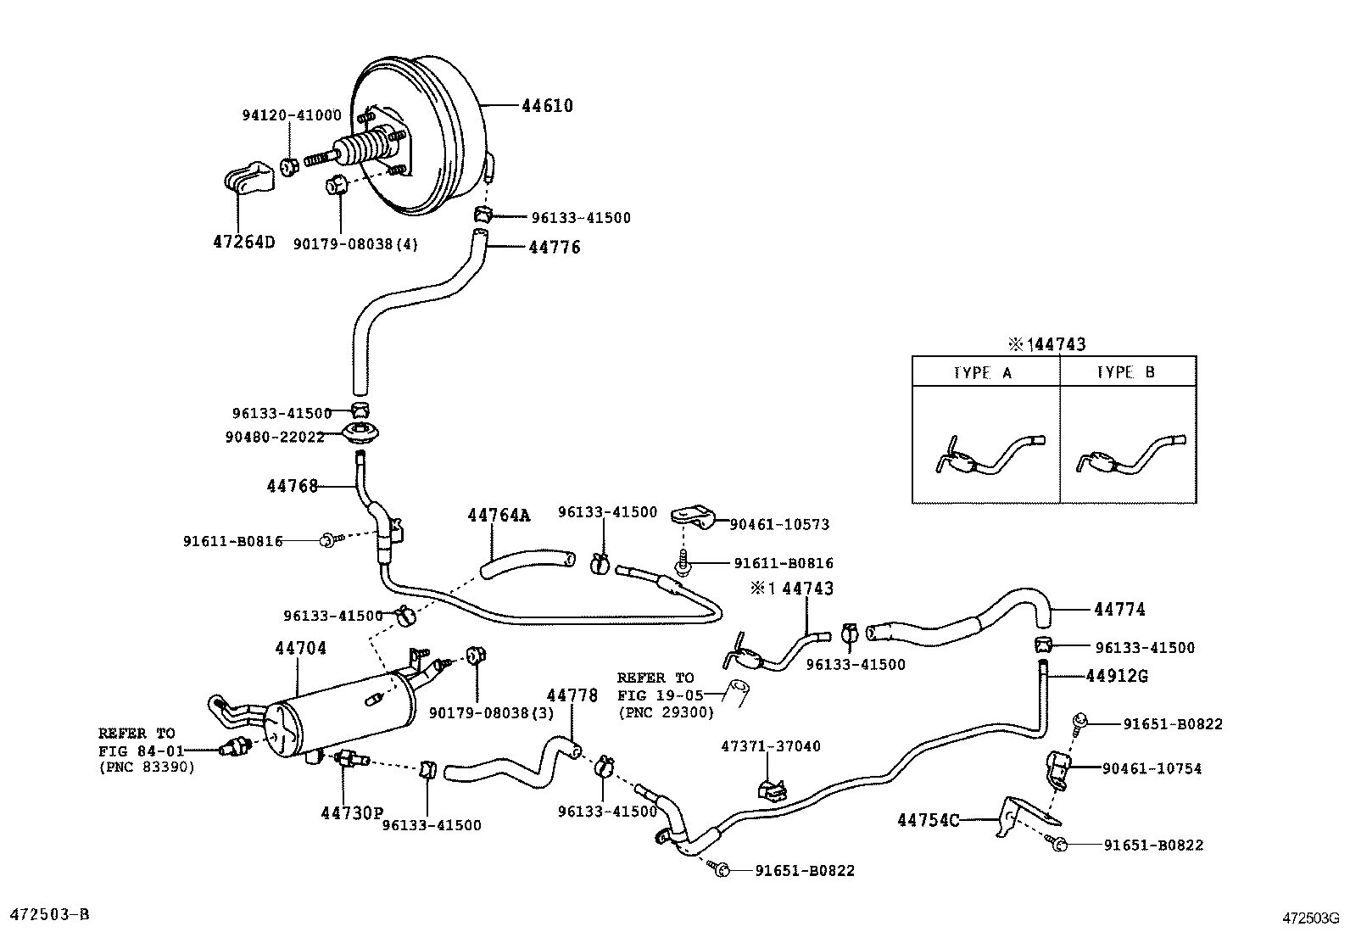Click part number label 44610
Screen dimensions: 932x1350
[x=547, y=106]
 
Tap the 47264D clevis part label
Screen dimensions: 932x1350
[x=244, y=243]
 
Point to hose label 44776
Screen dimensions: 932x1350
[x=555, y=248]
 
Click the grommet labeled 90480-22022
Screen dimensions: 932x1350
[x=362, y=435]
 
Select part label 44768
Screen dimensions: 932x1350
[x=292, y=486]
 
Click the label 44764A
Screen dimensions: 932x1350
[x=498, y=515]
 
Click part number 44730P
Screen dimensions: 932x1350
[x=352, y=813]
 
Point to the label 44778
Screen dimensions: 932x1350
[x=572, y=695]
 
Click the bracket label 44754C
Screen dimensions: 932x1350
[x=929, y=820]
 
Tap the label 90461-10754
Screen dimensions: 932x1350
[x=1152, y=768]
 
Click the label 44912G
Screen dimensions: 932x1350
[x=1117, y=676]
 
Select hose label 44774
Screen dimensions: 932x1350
[x=1119, y=609]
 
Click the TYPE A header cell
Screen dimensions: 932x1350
[x=983, y=372]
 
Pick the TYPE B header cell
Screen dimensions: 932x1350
[x=1126, y=372]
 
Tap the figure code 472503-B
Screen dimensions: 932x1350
[x=48, y=914]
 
